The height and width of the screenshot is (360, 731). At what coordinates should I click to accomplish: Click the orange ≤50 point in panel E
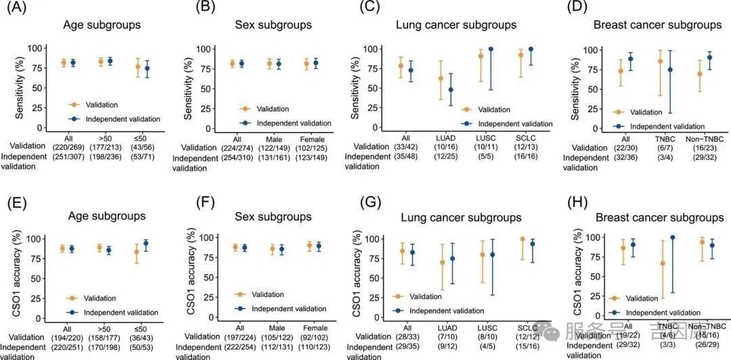pos(138,252)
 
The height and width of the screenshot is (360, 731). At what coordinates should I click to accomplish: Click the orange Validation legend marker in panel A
pos(74,105)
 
